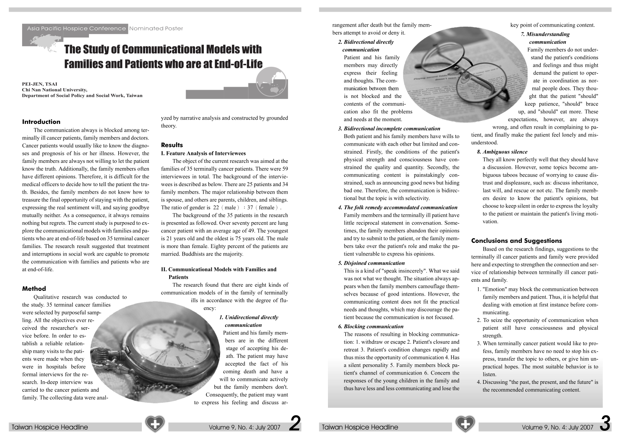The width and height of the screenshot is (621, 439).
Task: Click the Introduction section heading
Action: point(41,122)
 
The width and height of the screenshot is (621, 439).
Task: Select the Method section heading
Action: point(34,289)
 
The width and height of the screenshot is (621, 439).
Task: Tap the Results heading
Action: point(172,145)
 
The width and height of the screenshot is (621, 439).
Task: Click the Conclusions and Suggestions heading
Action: point(516,241)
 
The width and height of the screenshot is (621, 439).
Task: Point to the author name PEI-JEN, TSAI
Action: point(39,84)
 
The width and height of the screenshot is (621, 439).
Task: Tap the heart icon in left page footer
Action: point(154,424)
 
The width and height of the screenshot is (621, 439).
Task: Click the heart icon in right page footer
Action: point(465,424)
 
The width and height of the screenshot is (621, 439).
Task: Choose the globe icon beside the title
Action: point(272,84)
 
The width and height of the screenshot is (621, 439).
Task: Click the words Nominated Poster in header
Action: point(156,29)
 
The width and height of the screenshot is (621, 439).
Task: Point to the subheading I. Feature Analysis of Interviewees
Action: point(203,153)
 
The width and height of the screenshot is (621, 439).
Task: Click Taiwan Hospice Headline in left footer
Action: point(50,427)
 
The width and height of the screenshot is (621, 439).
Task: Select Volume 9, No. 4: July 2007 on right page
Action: point(557,427)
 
